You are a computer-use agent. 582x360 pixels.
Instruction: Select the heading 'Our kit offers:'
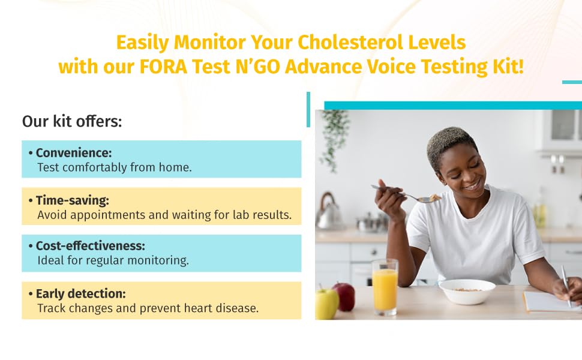click(72, 121)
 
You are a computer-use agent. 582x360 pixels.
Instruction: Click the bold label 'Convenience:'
click(74, 152)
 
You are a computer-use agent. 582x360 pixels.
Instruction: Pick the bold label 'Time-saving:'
click(73, 200)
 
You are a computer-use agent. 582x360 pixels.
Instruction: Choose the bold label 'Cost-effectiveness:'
click(91, 246)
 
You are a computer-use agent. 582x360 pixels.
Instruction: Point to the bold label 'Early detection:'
click(82, 293)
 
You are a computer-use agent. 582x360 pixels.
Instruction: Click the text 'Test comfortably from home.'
click(114, 167)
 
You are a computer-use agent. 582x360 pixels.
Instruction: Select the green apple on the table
click(327, 303)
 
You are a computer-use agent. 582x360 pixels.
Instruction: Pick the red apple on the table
click(344, 296)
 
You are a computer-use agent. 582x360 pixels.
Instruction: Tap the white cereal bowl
click(467, 292)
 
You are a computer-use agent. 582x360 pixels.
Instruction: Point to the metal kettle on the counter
click(328, 213)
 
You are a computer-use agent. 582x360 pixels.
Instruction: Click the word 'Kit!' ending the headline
click(507, 66)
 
